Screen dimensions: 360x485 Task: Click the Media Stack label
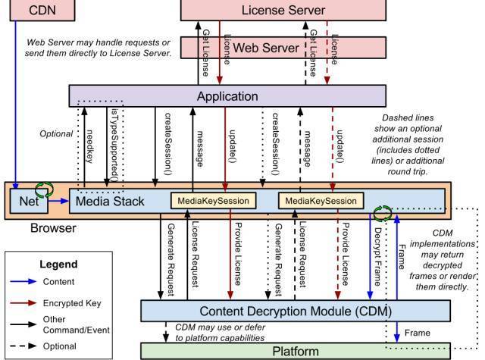click(107, 201)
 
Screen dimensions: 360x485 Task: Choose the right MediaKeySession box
click(318, 201)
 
